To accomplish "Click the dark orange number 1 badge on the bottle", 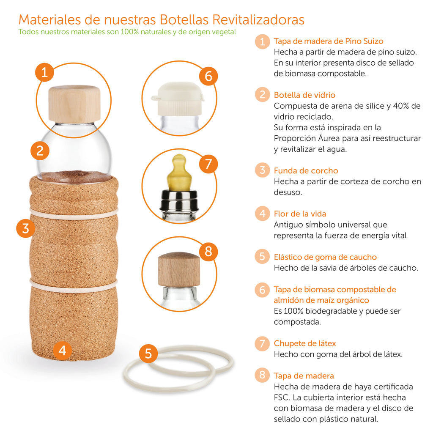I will point(45,72).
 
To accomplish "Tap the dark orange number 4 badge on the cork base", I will point(62,350).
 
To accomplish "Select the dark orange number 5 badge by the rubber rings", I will point(148,353).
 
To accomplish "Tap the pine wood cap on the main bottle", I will point(74,104).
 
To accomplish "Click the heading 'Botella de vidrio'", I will point(304,95).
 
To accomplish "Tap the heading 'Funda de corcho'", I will point(306,171).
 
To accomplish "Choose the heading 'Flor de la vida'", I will point(300,214).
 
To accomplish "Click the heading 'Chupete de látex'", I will point(305,343).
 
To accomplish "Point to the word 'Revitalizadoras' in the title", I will point(258,19).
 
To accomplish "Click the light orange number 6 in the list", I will point(262,290).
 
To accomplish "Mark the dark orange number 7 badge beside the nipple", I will point(208,164).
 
